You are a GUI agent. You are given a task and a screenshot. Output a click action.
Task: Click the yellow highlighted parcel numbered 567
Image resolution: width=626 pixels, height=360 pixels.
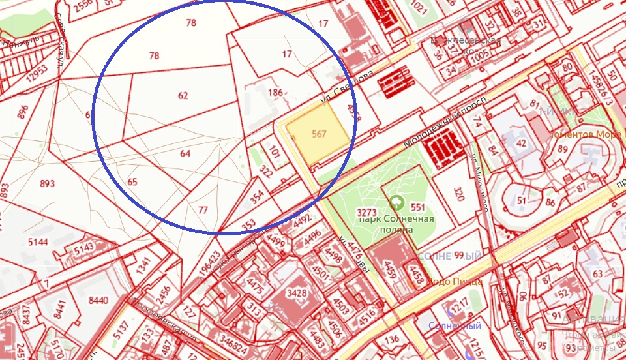pyautogui.click(x=319, y=134)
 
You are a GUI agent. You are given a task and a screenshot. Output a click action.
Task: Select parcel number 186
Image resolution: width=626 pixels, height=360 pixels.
pyautogui.click(x=276, y=93)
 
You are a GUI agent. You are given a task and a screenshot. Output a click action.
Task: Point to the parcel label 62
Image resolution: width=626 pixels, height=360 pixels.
pyautogui.click(x=183, y=95)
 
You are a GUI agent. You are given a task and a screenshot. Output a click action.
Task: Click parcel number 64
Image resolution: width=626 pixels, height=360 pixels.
pyautogui.click(x=185, y=154)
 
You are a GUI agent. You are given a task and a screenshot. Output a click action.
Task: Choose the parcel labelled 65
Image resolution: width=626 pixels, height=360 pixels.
pyautogui.click(x=133, y=182)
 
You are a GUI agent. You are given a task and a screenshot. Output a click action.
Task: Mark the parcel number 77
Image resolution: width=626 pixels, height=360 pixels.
pyautogui.click(x=203, y=210)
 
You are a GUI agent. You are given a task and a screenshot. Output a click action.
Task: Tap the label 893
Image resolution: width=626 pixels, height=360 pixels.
pyautogui.click(x=48, y=184)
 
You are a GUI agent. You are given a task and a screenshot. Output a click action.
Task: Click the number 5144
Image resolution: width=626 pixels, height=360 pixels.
pyautogui.click(x=38, y=242)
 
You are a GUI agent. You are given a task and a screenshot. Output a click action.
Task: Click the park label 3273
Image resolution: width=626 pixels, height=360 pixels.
pyautogui.click(x=367, y=213)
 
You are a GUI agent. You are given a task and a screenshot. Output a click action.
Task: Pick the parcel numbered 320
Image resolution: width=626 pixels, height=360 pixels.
pyautogui.click(x=458, y=194)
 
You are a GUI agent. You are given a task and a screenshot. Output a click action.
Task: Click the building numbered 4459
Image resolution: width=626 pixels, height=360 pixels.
pyautogui.click(x=389, y=267)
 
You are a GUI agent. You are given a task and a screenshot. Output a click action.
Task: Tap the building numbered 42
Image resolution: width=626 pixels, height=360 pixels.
pyautogui.click(x=521, y=143)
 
